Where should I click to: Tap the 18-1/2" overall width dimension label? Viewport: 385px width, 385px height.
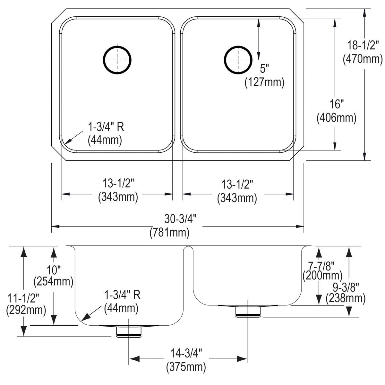tap(362, 45)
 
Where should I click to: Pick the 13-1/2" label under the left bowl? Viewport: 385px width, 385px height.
tap(118, 184)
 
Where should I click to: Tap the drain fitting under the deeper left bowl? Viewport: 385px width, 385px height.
tap(129, 331)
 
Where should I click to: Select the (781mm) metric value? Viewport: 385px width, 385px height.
tap(169, 233)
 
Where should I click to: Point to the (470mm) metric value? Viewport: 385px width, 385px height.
tap(363, 59)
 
